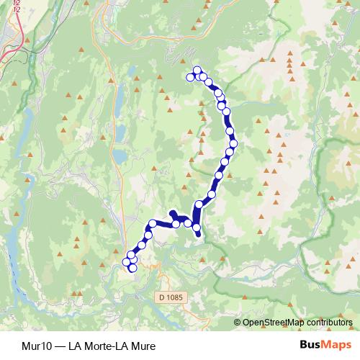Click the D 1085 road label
tap(168, 296)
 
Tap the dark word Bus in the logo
tap(311, 344)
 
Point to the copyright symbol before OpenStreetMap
tap(237, 323)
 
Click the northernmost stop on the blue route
tap(197, 70)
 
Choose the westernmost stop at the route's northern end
tap(191, 77)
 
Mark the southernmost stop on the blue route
tap(132, 268)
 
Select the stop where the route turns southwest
tap(152, 223)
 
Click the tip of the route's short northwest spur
tap(171, 212)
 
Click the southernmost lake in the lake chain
tap(117, 156)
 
